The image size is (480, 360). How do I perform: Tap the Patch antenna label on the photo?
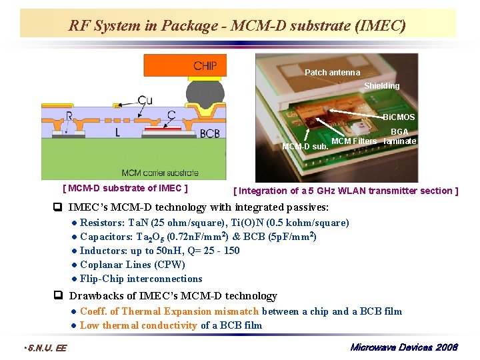332,72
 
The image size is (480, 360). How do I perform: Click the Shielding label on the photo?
381,85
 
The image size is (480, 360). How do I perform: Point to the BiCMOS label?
399,117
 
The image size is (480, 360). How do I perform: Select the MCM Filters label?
354,141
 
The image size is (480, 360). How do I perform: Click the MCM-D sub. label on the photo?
305,146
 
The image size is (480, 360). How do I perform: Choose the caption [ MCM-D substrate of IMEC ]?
125,189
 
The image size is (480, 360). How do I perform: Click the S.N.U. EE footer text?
45,348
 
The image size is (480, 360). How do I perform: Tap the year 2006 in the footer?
446,348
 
